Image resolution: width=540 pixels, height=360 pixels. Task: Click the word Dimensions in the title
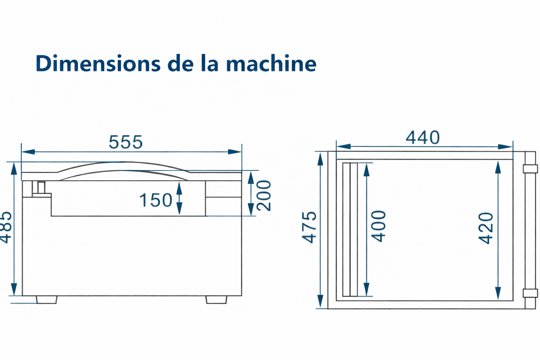coord(98,63)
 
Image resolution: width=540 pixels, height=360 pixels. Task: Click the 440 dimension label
coord(423,137)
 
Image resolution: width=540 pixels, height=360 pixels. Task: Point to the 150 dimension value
coord(156,200)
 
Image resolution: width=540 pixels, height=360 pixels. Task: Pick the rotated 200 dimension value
coord(264,195)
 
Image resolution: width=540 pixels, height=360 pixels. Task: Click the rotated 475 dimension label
coord(309,227)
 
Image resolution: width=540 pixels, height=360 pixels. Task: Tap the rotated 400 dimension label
coord(378,226)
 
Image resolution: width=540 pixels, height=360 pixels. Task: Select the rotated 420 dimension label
coord(486,229)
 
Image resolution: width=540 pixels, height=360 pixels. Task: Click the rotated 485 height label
coord(5,227)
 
